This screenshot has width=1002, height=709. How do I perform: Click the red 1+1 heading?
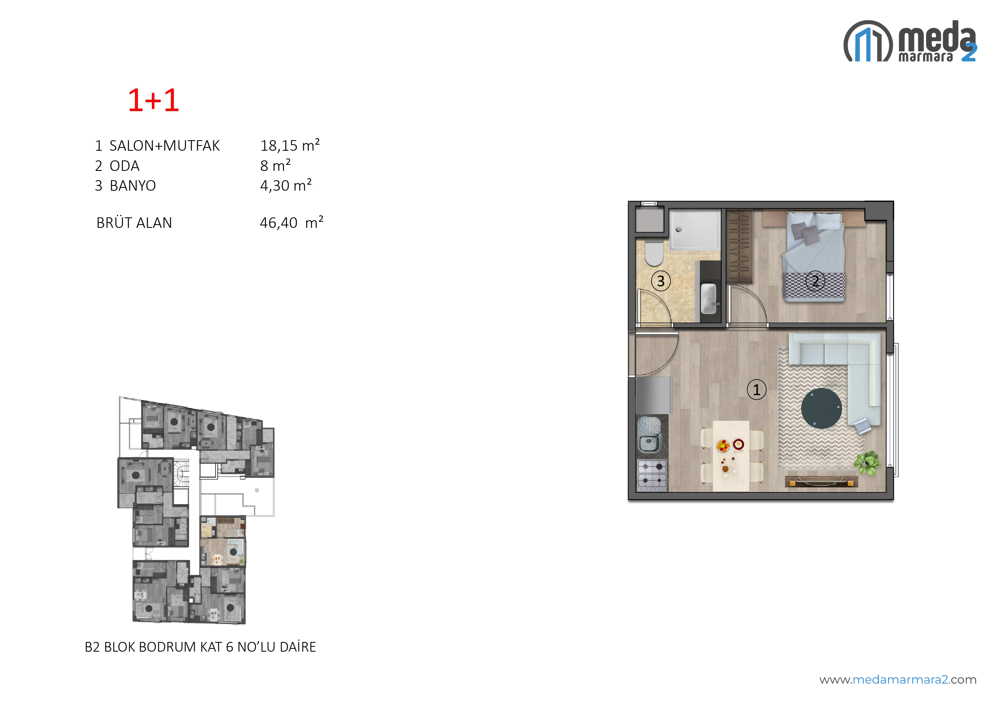[153, 101]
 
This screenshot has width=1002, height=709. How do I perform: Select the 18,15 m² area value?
[290, 145]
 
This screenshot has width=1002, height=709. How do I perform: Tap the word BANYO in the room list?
[132, 185]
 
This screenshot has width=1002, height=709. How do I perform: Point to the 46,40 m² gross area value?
[292, 222]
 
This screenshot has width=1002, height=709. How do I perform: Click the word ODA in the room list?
[124, 166]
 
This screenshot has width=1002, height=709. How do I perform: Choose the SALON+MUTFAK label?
[164, 145]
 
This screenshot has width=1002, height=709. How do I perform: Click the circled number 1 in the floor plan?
[756, 389]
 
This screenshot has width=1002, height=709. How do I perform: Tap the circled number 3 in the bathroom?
[661, 281]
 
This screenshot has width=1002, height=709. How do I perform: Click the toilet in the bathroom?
[654, 253]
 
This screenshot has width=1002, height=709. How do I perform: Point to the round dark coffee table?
[821, 408]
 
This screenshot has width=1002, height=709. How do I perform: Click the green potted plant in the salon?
[867, 462]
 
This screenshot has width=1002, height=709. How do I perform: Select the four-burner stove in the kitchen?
[652, 474]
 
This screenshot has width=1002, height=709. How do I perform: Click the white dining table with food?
[731, 456]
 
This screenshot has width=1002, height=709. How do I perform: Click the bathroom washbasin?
[708, 299]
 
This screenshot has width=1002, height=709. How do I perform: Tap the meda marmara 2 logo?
[910, 41]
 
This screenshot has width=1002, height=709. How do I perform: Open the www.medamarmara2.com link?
[898, 680]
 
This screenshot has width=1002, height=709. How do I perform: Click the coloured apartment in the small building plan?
[223, 541]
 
